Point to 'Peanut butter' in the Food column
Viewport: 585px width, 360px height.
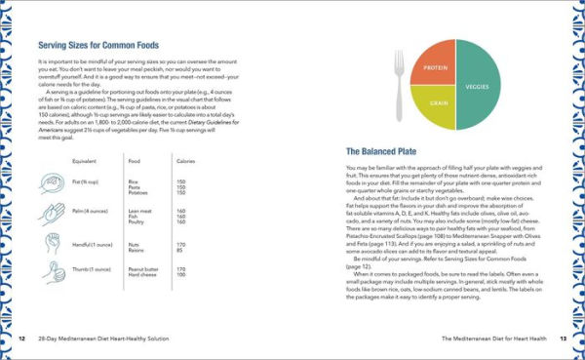[142, 272]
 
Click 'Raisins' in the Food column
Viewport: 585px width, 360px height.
[136, 250]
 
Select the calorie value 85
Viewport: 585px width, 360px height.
[179, 250]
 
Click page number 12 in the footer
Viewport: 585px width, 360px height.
[21, 339]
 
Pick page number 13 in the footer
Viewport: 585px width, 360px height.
[563, 339]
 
